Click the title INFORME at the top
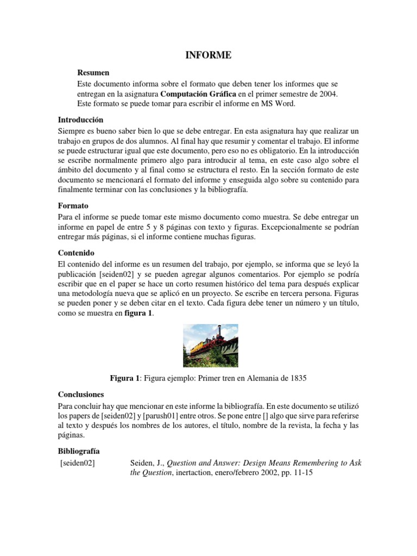pos(208,55)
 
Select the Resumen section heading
pos(93,72)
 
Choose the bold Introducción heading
pos(80,119)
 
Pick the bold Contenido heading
pos(76,253)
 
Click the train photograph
pos(211,345)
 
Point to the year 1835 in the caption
pos(298,378)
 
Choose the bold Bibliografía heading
pos(79,451)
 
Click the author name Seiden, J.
pos(147,463)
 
